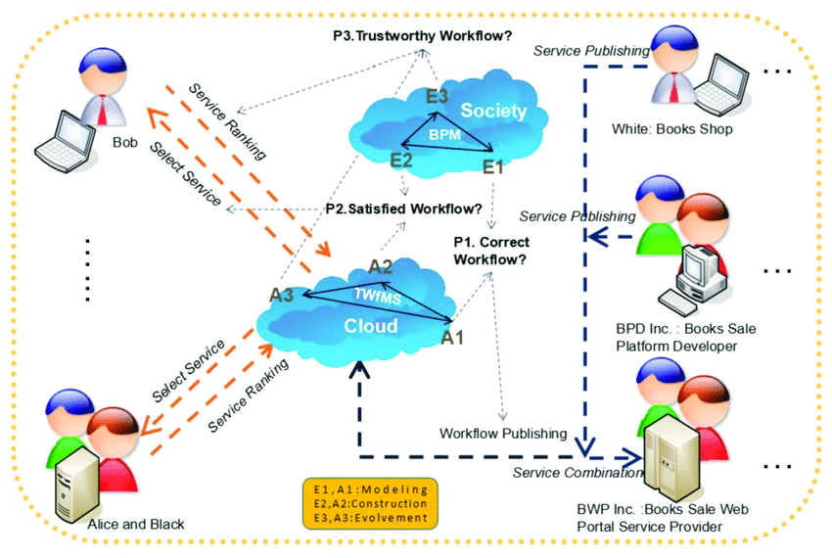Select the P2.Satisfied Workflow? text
click(x=403, y=209)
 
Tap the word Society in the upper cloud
click(x=493, y=110)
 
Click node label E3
click(x=437, y=96)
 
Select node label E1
click(x=492, y=167)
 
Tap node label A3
click(x=283, y=293)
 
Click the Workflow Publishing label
click(x=503, y=433)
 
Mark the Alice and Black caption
click(x=136, y=525)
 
